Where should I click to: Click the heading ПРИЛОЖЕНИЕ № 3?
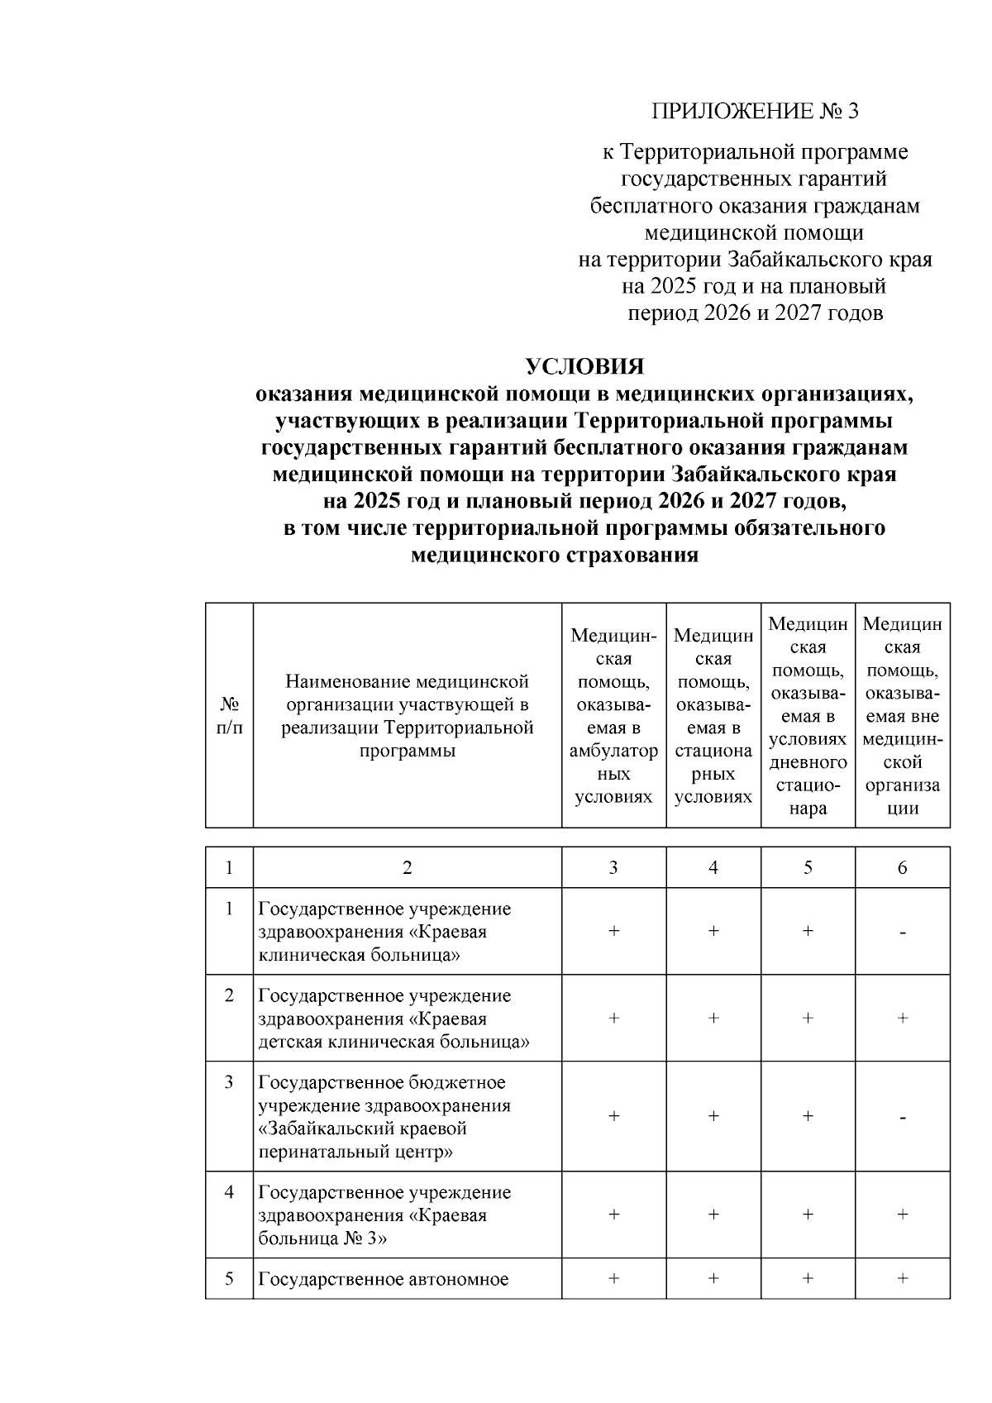755,111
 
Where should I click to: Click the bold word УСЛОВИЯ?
585,366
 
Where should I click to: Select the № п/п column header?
229,715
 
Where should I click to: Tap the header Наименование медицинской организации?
407,716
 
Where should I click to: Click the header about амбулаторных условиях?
613,716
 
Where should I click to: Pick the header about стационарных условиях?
713,716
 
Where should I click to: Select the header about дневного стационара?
807,716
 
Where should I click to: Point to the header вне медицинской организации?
902,716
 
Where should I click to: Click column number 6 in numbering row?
902,867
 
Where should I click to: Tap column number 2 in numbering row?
407,867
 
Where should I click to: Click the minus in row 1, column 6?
903,933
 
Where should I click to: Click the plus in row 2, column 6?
902,1019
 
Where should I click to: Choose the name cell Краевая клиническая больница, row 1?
384,932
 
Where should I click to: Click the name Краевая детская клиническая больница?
393,1019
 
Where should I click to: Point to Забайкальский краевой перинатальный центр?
384,1117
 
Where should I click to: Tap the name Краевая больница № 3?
384,1215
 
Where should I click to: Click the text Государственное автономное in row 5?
383,1280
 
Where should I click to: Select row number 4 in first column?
229,1192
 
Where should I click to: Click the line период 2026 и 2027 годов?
755,313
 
